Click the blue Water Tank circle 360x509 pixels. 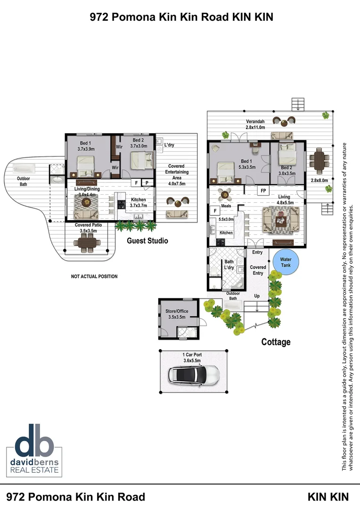coord(286,262)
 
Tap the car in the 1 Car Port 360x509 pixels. coord(194,375)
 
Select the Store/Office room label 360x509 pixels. coord(177,314)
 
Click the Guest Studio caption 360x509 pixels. coord(147,241)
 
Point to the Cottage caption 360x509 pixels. coord(276,342)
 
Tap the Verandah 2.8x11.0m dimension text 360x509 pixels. coord(255,124)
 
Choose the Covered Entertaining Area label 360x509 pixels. coord(176,175)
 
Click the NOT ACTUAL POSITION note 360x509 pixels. coord(94,276)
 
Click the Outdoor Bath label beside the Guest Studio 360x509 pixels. coord(24,181)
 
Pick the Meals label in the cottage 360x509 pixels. coord(226,205)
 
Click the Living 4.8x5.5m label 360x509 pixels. coord(284,200)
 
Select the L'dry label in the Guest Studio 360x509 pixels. coord(169,145)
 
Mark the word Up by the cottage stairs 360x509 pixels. coord(257,296)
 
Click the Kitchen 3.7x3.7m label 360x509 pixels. coord(139,203)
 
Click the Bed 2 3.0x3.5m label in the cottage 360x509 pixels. coord(287,170)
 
